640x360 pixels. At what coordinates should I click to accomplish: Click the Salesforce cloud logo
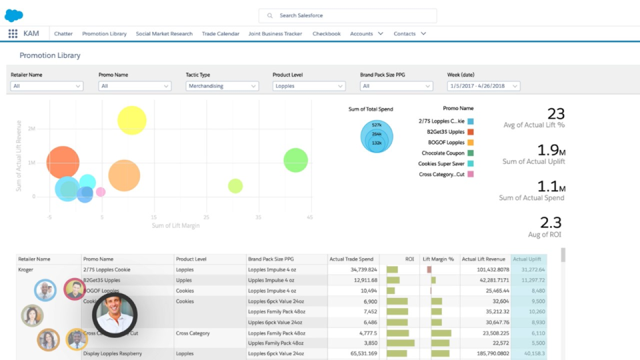pyautogui.click(x=13, y=15)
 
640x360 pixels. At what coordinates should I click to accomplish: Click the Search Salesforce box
pyautogui.click(x=347, y=15)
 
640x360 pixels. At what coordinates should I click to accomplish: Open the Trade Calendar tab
pyautogui.click(x=221, y=33)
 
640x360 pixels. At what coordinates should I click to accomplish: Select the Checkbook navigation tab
pyautogui.click(x=326, y=33)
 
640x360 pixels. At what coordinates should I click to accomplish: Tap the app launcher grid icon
pyautogui.click(x=13, y=33)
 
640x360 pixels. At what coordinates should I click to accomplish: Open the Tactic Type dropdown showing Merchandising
pyautogui.click(x=222, y=86)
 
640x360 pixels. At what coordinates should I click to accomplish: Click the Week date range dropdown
pyautogui.click(x=483, y=86)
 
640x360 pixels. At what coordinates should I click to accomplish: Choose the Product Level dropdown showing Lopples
pyautogui.click(x=309, y=86)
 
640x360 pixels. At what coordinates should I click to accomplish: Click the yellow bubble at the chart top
pyautogui.click(x=132, y=120)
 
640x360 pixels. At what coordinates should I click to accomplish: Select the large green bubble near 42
pyautogui.click(x=295, y=160)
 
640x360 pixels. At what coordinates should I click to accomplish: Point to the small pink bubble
pyautogui.click(x=101, y=192)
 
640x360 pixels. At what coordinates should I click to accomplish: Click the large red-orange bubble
pyautogui.click(x=63, y=163)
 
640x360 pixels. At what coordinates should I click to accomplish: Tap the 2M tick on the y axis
pyautogui.click(x=31, y=129)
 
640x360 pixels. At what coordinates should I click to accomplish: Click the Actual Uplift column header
pyautogui.click(x=529, y=259)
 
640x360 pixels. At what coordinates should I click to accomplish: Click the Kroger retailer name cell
pyautogui.click(x=25, y=269)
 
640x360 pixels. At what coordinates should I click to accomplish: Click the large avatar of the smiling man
pyautogui.click(x=115, y=314)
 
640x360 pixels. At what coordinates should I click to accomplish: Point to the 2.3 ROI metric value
pyautogui.click(x=551, y=223)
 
